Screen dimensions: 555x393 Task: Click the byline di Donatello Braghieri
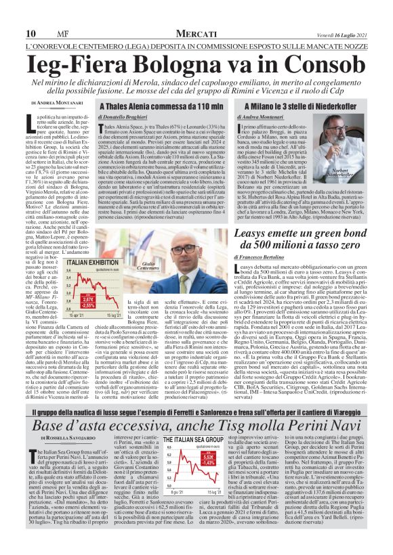point(126,117)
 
